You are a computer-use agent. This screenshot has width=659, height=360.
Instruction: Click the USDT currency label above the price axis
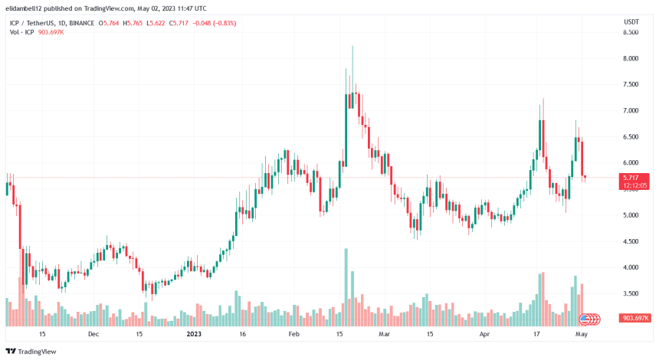point(631,22)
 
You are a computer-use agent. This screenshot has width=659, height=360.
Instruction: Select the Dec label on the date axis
point(93,335)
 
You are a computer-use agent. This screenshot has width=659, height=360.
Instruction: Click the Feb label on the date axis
point(293,335)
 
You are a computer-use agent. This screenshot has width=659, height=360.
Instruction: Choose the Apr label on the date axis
point(484,335)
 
